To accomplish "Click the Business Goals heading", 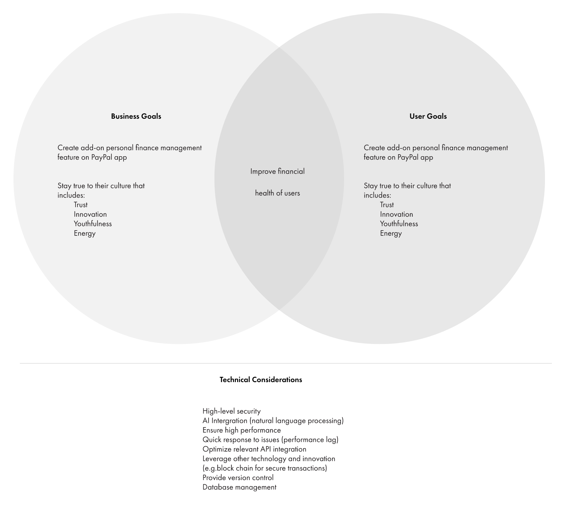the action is pos(136,116).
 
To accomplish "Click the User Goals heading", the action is pos(428,116).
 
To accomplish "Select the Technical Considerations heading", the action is pos(261,379).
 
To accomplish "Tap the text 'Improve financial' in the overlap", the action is pos(278,171).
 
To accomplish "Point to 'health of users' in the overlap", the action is pos(278,193).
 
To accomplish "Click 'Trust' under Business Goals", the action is pos(80,205).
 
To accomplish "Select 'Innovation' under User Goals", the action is pos(396,214).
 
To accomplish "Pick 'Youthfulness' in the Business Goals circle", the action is pos(93,224).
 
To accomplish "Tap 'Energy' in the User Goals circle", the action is pos(391,233).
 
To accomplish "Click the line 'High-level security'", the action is pos(232,411).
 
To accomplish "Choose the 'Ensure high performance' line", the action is pos(242,430).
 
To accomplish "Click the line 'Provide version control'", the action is pos(238,478).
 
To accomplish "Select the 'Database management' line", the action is pos(239,487).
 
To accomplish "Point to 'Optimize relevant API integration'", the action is pos(255,449).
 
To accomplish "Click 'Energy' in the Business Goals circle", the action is pos(85,233).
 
